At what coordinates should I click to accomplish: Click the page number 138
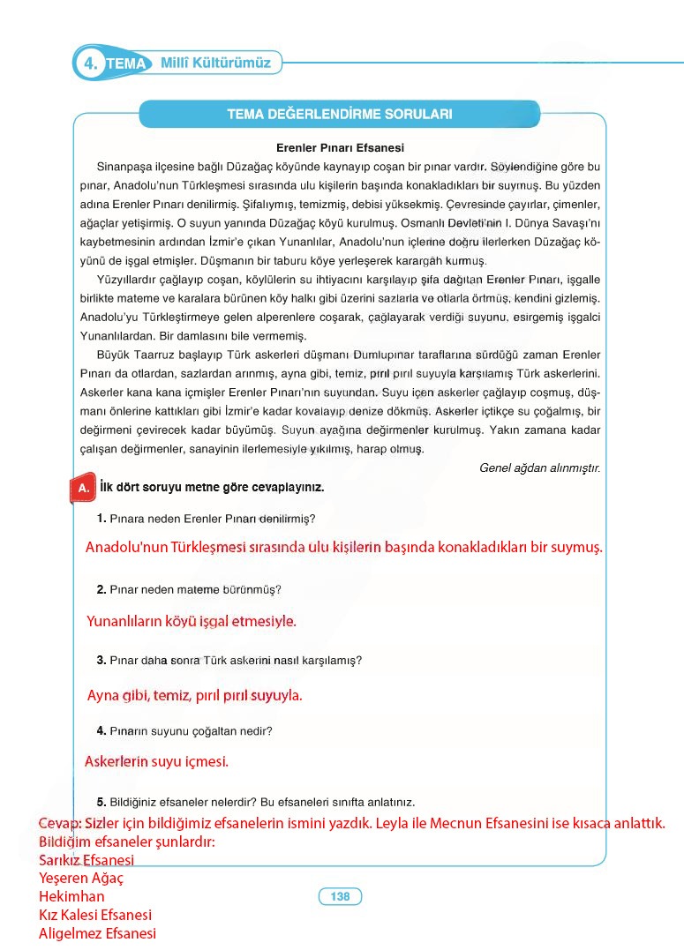(x=340, y=897)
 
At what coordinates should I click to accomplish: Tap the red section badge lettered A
(x=82, y=488)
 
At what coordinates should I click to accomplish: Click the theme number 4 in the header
(x=89, y=64)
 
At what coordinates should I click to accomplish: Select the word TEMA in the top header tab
(x=128, y=64)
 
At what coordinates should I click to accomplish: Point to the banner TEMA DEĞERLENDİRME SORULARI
(x=340, y=114)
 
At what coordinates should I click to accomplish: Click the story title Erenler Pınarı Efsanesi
(x=340, y=148)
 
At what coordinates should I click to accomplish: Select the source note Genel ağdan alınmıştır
(x=539, y=468)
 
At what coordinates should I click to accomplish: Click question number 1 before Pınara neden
(x=101, y=519)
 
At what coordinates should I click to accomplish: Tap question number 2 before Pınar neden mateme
(x=101, y=589)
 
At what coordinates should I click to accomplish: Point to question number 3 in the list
(x=101, y=660)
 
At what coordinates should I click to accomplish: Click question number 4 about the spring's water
(x=101, y=730)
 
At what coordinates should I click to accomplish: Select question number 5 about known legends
(x=101, y=802)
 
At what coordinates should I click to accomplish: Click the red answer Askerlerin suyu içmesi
(x=156, y=761)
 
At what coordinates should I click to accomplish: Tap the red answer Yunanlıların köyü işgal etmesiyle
(x=192, y=622)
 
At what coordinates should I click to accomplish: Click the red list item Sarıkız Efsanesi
(x=86, y=860)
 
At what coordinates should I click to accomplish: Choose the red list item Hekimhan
(x=71, y=897)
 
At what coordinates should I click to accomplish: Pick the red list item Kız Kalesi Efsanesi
(x=95, y=916)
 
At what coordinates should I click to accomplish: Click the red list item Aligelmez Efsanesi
(x=97, y=933)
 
